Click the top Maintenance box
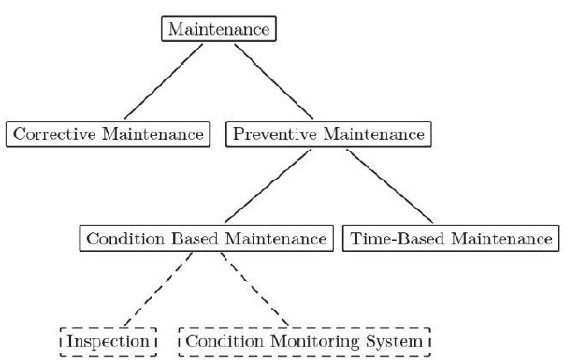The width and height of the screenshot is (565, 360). coord(220,30)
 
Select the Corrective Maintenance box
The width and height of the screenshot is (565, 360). coord(107,135)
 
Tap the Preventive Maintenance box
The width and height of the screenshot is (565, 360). coord(327,135)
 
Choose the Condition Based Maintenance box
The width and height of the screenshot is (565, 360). coord(205,238)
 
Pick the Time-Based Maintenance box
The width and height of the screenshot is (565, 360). coord(451,238)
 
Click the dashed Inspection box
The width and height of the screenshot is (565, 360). coord(107,341)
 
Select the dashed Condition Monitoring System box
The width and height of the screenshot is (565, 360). coord(304,341)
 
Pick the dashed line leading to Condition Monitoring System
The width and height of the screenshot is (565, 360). coord(257,290)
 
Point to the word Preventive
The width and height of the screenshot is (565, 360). coord(271,135)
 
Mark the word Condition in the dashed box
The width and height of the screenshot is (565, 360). coord(221,341)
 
